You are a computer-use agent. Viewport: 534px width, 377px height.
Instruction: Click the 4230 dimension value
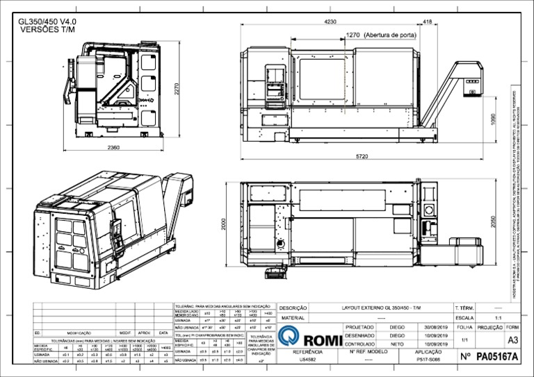tap(330, 22)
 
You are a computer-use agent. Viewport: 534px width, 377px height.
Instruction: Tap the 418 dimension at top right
tap(427, 22)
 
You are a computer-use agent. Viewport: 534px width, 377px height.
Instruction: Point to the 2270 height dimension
tap(177, 90)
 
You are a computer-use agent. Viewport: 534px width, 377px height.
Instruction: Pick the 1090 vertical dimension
tap(493, 119)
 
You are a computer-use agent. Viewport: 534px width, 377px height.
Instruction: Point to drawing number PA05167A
tap(497, 358)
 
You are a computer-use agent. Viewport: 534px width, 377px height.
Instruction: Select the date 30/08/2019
tap(437, 326)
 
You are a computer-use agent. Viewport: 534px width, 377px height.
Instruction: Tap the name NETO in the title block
tap(397, 344)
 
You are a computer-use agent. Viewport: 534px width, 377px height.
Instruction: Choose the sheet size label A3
tap(513, 340)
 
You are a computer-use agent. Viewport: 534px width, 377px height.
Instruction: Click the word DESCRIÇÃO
tap(293, 308)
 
